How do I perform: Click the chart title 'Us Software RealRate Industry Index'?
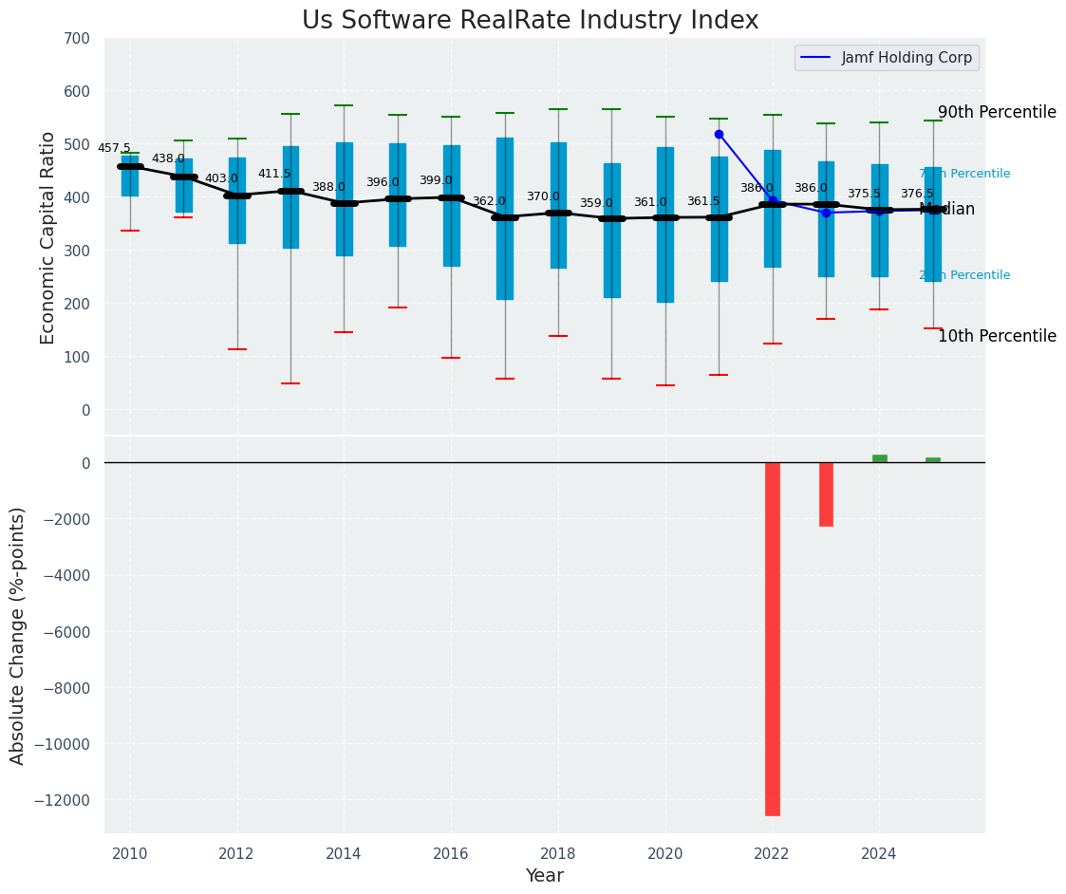point(530,21)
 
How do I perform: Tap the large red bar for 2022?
point(773,638)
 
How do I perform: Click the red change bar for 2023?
point(826,494)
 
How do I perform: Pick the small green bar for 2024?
point(880,458)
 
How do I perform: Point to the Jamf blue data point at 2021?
point(719,135)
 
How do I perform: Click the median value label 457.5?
point(114,149)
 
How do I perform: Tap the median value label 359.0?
point(596,204)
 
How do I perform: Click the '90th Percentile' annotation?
point(997,112)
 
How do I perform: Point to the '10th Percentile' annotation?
point(997,336)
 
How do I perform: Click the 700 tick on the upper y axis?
point(77,39)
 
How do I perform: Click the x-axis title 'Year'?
point(545,876)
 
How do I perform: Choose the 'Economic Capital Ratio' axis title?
point(48,237)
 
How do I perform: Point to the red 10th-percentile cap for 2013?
point(290,383)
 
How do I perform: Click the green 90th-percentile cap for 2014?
point(344,105)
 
